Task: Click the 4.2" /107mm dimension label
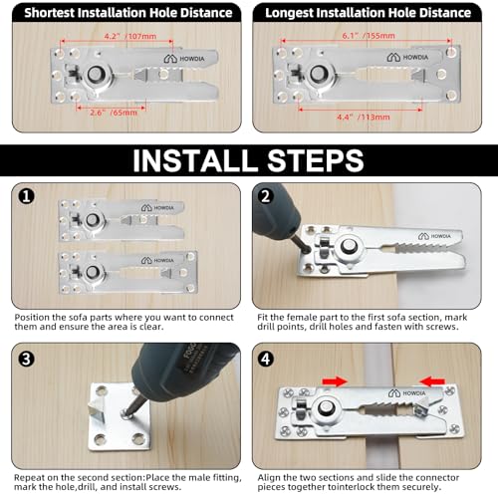pyautogui.click(x=130, y=36)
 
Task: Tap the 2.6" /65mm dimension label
pyautogui.click(x=114, y=113)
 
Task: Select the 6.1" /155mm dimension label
pyautogui.click(x=369, y=36)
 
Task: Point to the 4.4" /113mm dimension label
pyautogui.click(x=364, y=117)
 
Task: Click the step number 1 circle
pyautogui.click(x=27, y=196)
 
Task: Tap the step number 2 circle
pyautogui.click(x=266, y=196)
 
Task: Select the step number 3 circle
pyautogui.click(x=27, y=359)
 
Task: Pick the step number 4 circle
pyautogui.click(x=266, y=359)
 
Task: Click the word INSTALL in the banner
pyautogui.click(x=193, y=160)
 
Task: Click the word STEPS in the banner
pyautogui.click(x=316, y=160)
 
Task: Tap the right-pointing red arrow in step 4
pyautogui.click(x=335, y=381)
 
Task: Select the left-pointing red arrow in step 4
pyautogui.click(x=432, y=381)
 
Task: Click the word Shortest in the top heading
pyautogui.click(x=50, y=13)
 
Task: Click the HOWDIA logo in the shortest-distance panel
pyautogui.click(x=184, y=59)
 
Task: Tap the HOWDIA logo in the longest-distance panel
pyautogui.click(x=407, y=57)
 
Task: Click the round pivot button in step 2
pyautogui.click(x=349, y=246)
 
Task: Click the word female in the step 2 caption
pyautogui.click(x=300, y=318)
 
